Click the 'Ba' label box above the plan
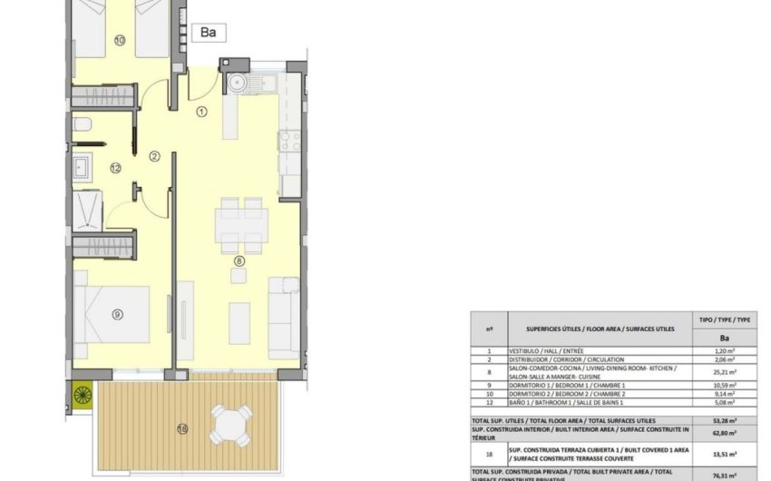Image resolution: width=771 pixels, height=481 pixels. coord(209,33)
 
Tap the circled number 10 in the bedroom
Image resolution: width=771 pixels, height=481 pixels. coord(120,40)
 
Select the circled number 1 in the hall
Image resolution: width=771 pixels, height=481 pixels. coord(202,112)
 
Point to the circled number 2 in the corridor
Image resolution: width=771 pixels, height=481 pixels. coord(154,156)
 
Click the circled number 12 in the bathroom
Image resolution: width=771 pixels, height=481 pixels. coord(115,168)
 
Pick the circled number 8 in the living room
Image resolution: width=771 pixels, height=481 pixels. coord(239,262)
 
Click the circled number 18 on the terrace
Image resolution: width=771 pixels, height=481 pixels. coord(183,428)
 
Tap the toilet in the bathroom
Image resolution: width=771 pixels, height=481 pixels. coord(81,124)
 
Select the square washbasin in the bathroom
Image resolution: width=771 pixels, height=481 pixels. coord(83,166)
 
